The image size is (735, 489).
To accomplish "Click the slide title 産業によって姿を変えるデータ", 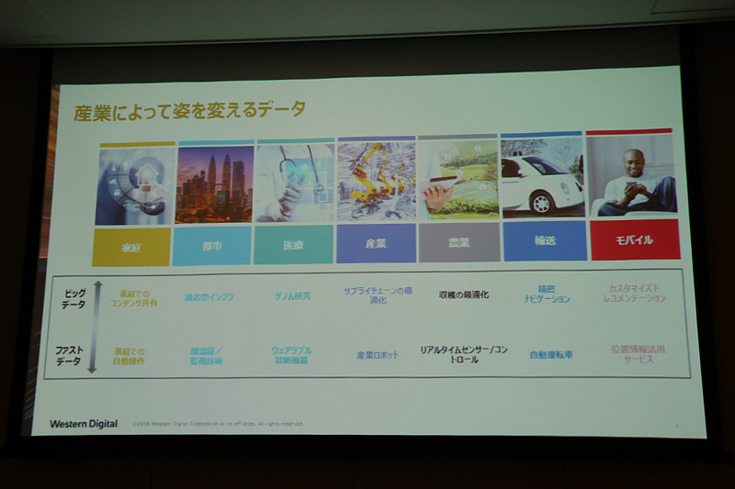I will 189,110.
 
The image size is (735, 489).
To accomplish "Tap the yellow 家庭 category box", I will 130,247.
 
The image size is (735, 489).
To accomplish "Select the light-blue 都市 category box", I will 211,246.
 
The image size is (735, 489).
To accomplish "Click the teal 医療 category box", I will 293,244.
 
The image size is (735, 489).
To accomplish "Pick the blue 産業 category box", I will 376,243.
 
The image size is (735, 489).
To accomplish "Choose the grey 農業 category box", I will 458,242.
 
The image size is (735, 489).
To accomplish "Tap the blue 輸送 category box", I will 544,240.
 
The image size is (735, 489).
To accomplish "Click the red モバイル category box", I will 633,239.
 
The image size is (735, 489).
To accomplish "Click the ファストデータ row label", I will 71,355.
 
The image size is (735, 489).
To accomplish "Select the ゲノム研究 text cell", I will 292,296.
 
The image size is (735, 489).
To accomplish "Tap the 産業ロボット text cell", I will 378,354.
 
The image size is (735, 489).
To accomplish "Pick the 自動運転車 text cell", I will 550,353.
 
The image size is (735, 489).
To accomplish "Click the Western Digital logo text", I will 84,424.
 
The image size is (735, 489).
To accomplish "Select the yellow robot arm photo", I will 376,181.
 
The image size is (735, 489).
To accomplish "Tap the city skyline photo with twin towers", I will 214,183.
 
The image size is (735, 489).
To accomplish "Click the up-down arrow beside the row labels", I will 93,328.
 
